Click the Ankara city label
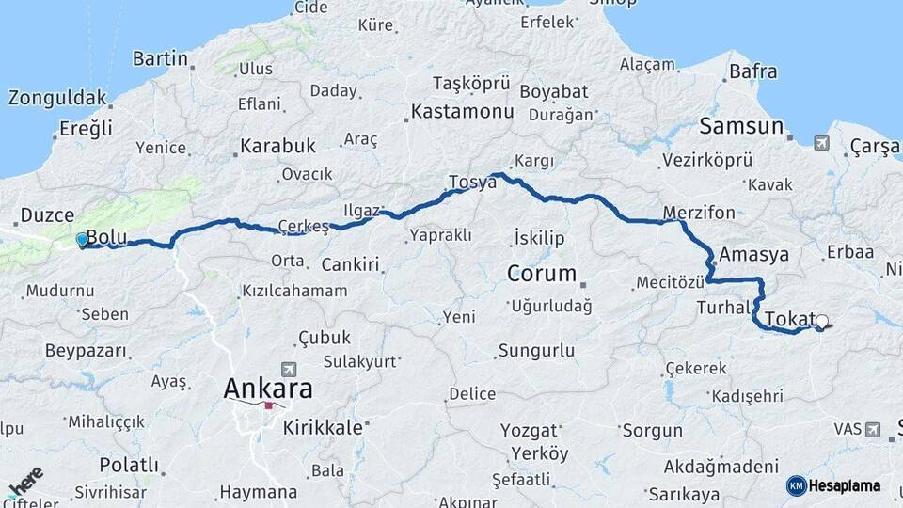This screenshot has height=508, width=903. point(268,388)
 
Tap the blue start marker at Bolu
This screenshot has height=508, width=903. point(83,240)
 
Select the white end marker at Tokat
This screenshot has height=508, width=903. point(822,322)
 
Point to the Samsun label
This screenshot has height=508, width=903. point(741,126)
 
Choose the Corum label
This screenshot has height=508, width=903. point(541,274)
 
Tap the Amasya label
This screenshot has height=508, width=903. point(754,254)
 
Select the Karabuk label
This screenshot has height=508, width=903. point(277,146)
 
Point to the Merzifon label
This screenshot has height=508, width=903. point(699,212)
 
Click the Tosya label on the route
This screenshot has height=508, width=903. point(472,182)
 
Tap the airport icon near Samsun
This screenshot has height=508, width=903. point(822,143)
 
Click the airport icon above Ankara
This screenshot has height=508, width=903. point(288,370)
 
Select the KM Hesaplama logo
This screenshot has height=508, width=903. point(833,485)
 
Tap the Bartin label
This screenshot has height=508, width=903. point(160,58)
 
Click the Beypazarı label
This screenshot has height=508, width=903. point(85,350)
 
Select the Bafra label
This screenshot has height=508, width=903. point(753,71)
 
